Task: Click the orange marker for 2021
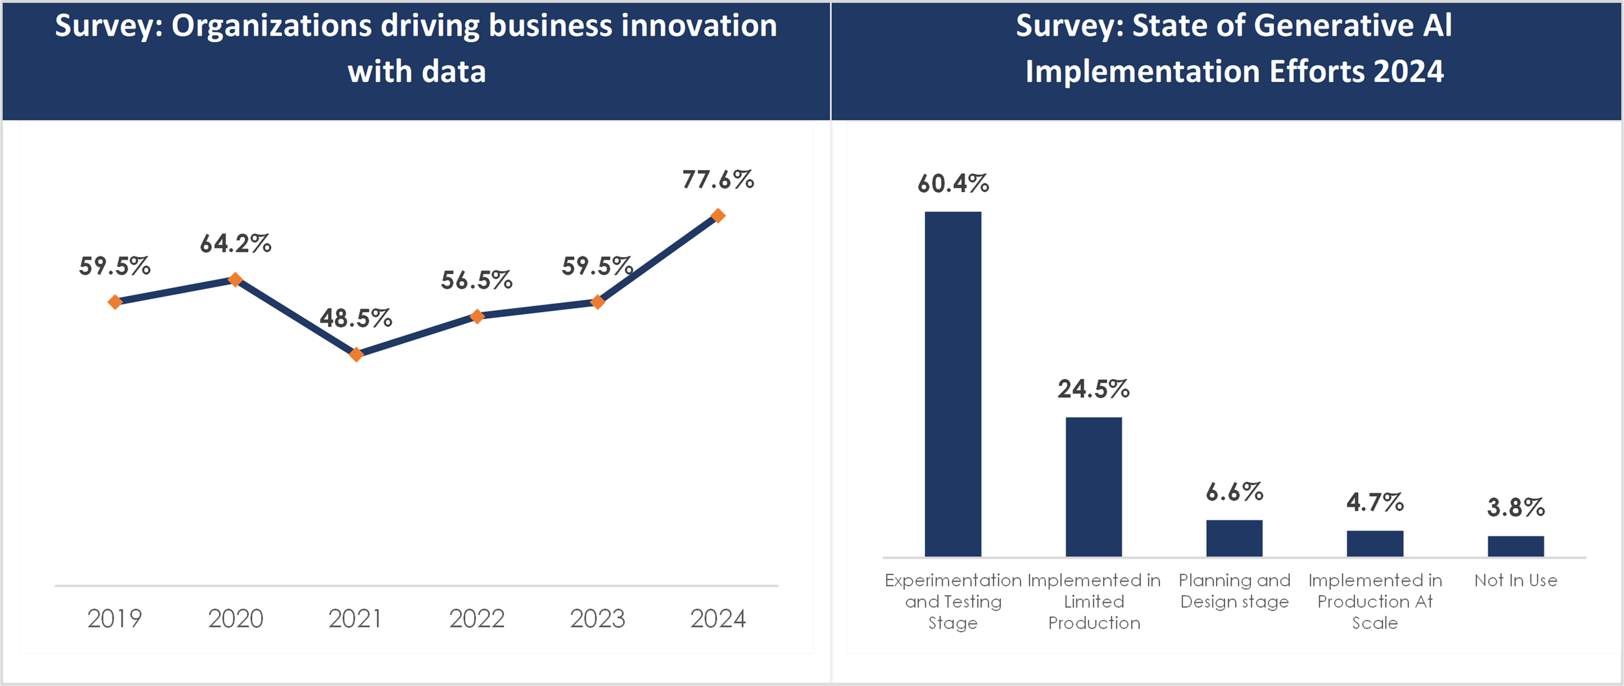coord(356,354)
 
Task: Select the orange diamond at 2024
coord(718,215)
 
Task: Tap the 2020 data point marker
coord(235,279)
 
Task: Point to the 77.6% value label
coord(718,180)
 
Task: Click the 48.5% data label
coord(356,319)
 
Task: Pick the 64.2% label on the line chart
coord(235,244)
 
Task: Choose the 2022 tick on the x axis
coord(477,619)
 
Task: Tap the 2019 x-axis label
coord(114,619)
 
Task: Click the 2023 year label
coord(598,619)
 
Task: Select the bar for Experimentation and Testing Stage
coord(953,384)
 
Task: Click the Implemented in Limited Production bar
coord(1094,487)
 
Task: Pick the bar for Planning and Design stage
coord(1234,538)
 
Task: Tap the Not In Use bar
coord(1516,546)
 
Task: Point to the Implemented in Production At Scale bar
coord(1375,544)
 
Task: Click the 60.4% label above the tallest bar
coord(953,184)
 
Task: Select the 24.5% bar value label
coord(1094,389)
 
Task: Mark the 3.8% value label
coord(1516,508)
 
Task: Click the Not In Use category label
coord(1516,580)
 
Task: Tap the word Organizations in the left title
coord(272,27)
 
